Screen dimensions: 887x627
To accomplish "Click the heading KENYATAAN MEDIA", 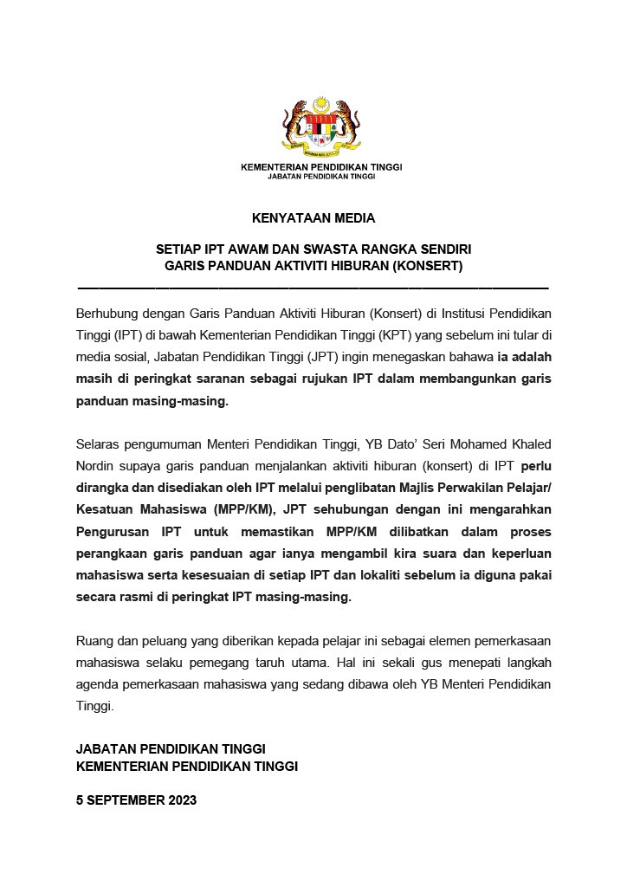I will coord(313,218).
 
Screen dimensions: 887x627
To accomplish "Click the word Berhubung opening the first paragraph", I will coord(107,312).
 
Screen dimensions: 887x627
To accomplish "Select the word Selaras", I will coord(99,444).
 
